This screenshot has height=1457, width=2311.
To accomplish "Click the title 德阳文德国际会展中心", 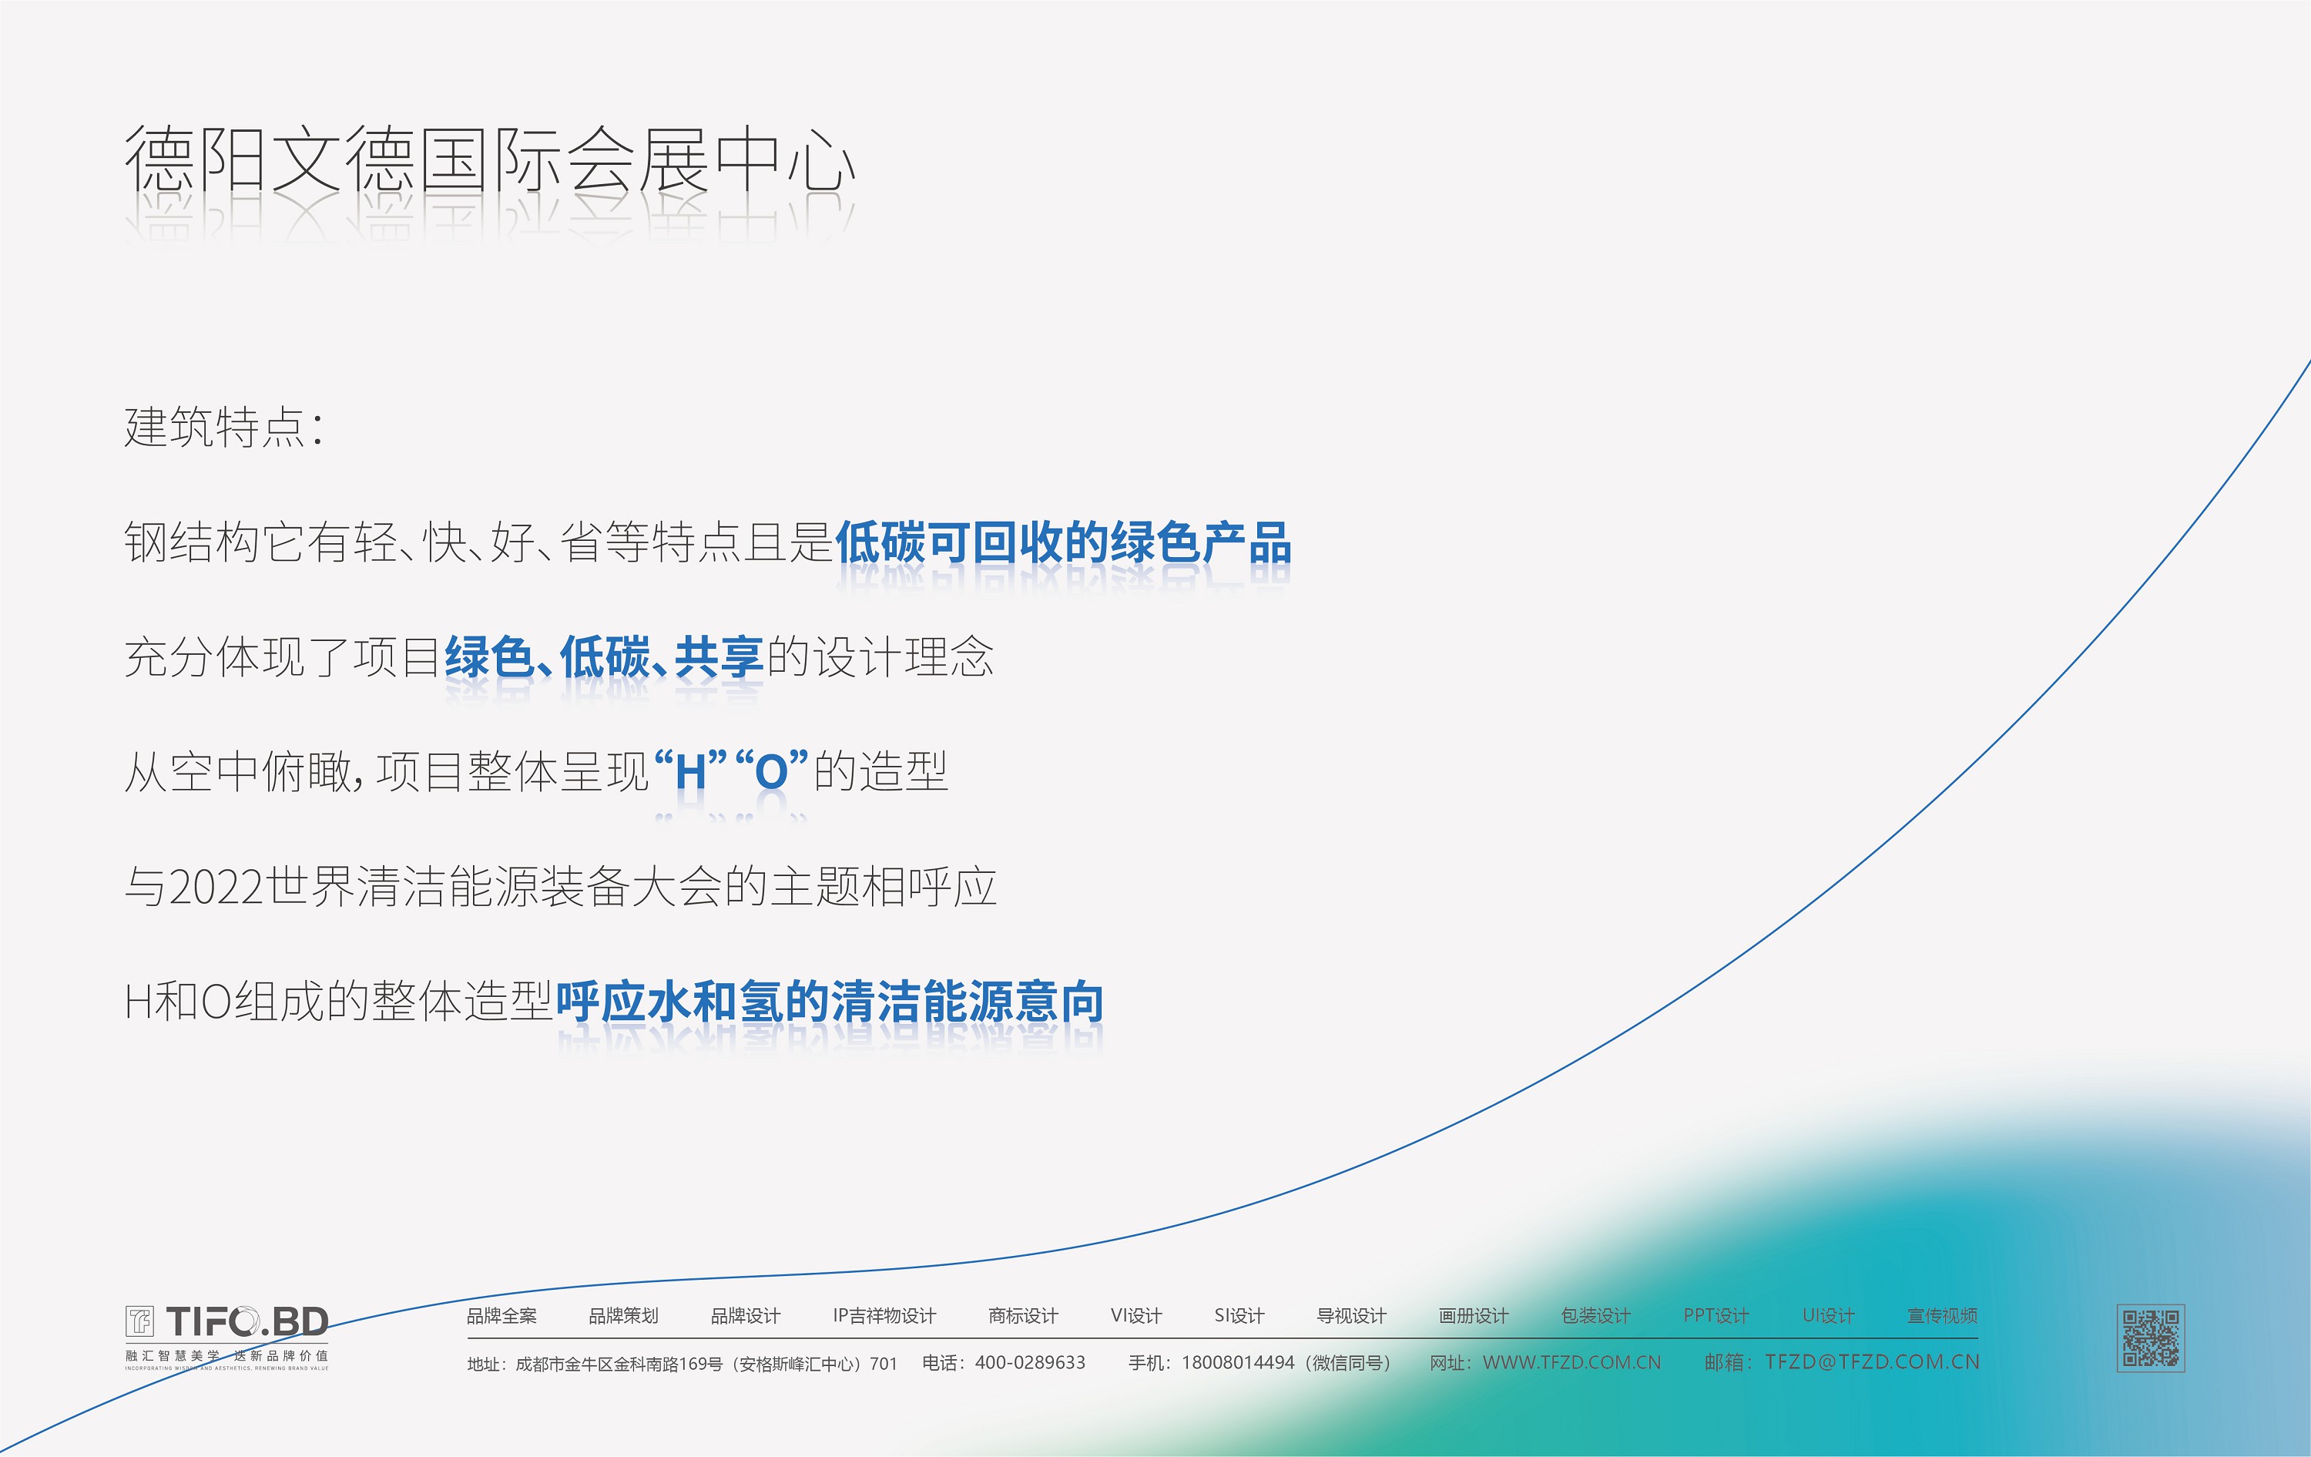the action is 489,159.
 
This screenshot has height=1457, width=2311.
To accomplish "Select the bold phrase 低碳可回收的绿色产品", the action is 1063,542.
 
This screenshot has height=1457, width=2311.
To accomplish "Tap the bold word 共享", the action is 719,657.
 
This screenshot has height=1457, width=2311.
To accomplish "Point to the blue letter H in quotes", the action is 691,772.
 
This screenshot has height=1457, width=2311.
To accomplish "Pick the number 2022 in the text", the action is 216,887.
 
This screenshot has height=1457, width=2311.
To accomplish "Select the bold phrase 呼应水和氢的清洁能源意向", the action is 830,1002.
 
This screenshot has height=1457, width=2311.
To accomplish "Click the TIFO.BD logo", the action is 226,1336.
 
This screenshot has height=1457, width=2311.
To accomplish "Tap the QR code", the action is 2151,1338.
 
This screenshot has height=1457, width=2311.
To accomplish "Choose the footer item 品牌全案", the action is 502,1316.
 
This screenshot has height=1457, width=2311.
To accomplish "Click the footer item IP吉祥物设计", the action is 884,1316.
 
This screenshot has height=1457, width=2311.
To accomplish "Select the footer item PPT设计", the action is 1716,1316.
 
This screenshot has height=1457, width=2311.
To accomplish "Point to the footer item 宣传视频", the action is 1943,1316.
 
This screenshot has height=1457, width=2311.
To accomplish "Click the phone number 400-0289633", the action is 1030,1363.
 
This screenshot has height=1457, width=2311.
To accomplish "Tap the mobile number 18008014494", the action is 1238,1363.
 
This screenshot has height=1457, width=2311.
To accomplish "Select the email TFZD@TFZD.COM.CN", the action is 1873,1362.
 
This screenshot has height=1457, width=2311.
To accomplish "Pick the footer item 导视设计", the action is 1351,1316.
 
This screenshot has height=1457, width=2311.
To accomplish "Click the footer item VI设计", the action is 1136,1316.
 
